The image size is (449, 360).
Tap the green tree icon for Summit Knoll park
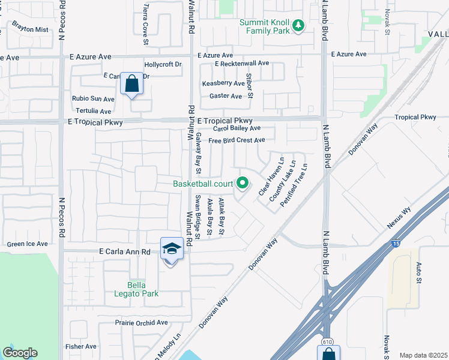[298, 25]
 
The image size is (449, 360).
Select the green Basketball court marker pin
[243, 183]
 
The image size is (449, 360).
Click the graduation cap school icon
[172, 249]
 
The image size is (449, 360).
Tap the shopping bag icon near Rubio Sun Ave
[132, 84]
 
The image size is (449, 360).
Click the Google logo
[20, 353]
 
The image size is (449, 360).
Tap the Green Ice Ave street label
[27, 244]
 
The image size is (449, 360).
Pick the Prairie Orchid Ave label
[141, 322]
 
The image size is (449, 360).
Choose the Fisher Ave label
[81, 346]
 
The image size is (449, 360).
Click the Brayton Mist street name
[30, 29]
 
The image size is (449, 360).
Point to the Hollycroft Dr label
[163, 64]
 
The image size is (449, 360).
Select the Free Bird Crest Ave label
[237, 140]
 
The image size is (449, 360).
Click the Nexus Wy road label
[399, 219]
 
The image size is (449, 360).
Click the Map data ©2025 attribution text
[424, 355]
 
